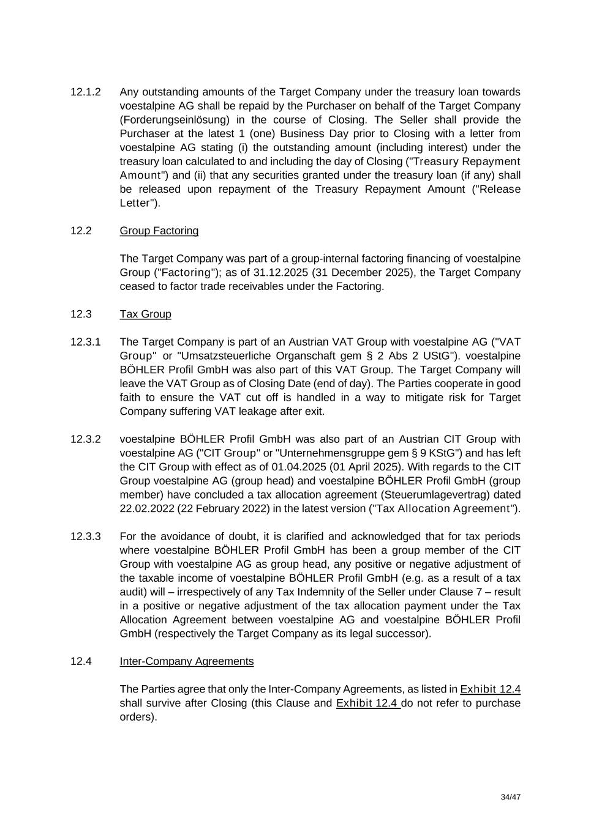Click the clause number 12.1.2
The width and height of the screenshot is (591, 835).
click(85, 92)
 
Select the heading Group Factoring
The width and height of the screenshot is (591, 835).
click(159, 231)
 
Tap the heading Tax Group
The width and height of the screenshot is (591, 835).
click(145, 314)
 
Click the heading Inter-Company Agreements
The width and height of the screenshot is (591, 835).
click(186, 662)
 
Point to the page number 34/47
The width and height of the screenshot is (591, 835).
click(510, 798)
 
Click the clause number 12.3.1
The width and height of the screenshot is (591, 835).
click(85, 342)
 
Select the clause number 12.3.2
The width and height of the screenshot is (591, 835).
click(85, 440)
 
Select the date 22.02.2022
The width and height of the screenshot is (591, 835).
click(146, 509)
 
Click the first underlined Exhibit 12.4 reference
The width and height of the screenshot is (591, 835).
click(490, 689)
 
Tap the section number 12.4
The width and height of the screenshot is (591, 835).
click(81, 662)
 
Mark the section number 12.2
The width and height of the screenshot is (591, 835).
click(81, 231)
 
